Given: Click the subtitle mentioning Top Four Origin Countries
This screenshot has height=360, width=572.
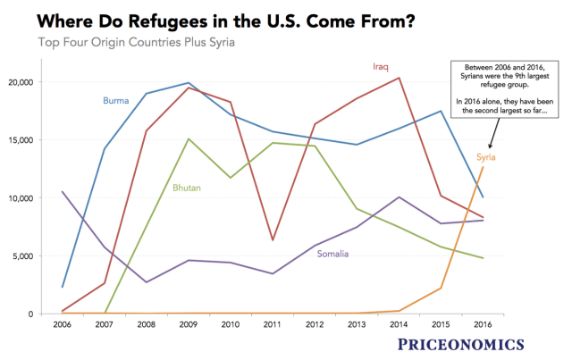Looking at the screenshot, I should (x=143, y=43).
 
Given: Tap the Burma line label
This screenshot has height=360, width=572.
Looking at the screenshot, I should (x=115, y=101).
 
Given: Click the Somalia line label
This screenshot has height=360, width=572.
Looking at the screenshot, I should (x=339, y=255).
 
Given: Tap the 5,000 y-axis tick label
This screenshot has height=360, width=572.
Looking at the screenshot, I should (x=21, y=256).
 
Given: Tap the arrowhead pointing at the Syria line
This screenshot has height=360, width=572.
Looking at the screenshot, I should (x=490, y=147).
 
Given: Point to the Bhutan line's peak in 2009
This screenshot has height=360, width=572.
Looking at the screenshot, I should (x=187, y=138).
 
